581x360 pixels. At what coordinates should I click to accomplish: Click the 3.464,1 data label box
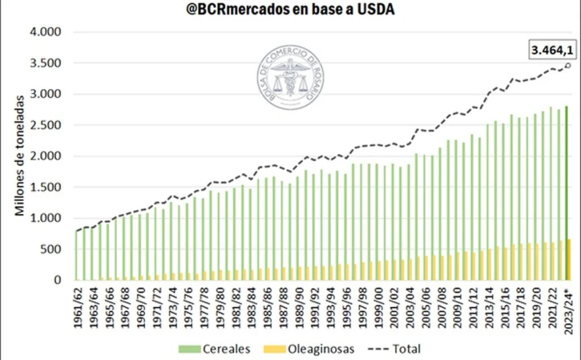(553, 50)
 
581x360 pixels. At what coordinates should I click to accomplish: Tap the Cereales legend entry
(214, 349)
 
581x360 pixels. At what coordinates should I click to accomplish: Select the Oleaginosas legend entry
(309, 349)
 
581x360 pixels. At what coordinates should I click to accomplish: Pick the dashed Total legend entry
(394, 349)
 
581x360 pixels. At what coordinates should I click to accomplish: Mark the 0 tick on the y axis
(57, 280)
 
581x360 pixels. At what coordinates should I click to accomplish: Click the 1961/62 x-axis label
(78, 307)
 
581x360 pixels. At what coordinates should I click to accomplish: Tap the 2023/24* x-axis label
(568, 312)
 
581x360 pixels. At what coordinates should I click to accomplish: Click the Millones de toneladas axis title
(19, 156)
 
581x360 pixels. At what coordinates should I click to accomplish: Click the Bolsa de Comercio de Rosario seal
(290, 77)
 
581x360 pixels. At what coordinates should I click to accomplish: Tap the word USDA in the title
(376, 9)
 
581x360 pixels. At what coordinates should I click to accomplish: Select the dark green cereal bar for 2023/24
(566, 193)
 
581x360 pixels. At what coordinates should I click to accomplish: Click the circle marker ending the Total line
(568, 65)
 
